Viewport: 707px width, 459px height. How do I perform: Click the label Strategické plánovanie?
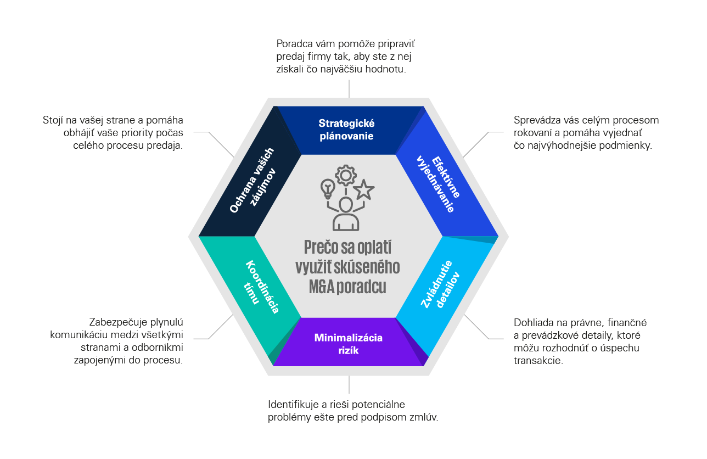[347, 130]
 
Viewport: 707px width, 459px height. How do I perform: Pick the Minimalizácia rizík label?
[348, 344]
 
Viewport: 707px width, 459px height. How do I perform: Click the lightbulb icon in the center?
[328, 188]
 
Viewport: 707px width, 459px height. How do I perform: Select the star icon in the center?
[363, 190]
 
